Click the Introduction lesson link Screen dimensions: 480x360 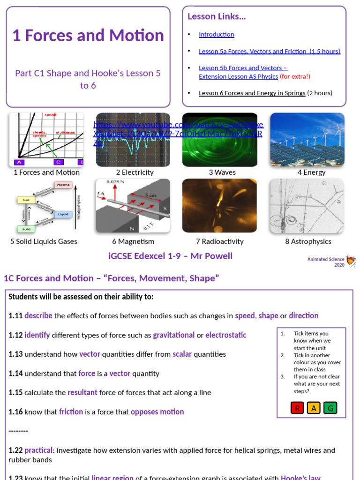(216, 34)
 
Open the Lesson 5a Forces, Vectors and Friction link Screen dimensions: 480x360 (269, 51)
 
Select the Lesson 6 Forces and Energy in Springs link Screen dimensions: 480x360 (252, 93)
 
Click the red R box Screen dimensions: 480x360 (297, 408)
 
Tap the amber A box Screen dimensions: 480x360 (314, 408)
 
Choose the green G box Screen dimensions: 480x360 (330, 408)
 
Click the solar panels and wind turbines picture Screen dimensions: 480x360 (307, 139)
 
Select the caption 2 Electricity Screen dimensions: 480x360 (135, 172)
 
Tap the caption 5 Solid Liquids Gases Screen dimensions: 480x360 (44, 241)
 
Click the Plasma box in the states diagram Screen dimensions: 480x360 (63, 185)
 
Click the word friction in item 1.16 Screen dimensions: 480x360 (71, 412)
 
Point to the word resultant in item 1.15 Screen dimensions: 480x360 (82, 392)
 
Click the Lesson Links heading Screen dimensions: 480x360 (217, 16)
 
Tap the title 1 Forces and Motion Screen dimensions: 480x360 (88, 36)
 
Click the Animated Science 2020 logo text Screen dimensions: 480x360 (326, 262)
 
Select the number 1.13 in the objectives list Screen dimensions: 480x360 (15, 354)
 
